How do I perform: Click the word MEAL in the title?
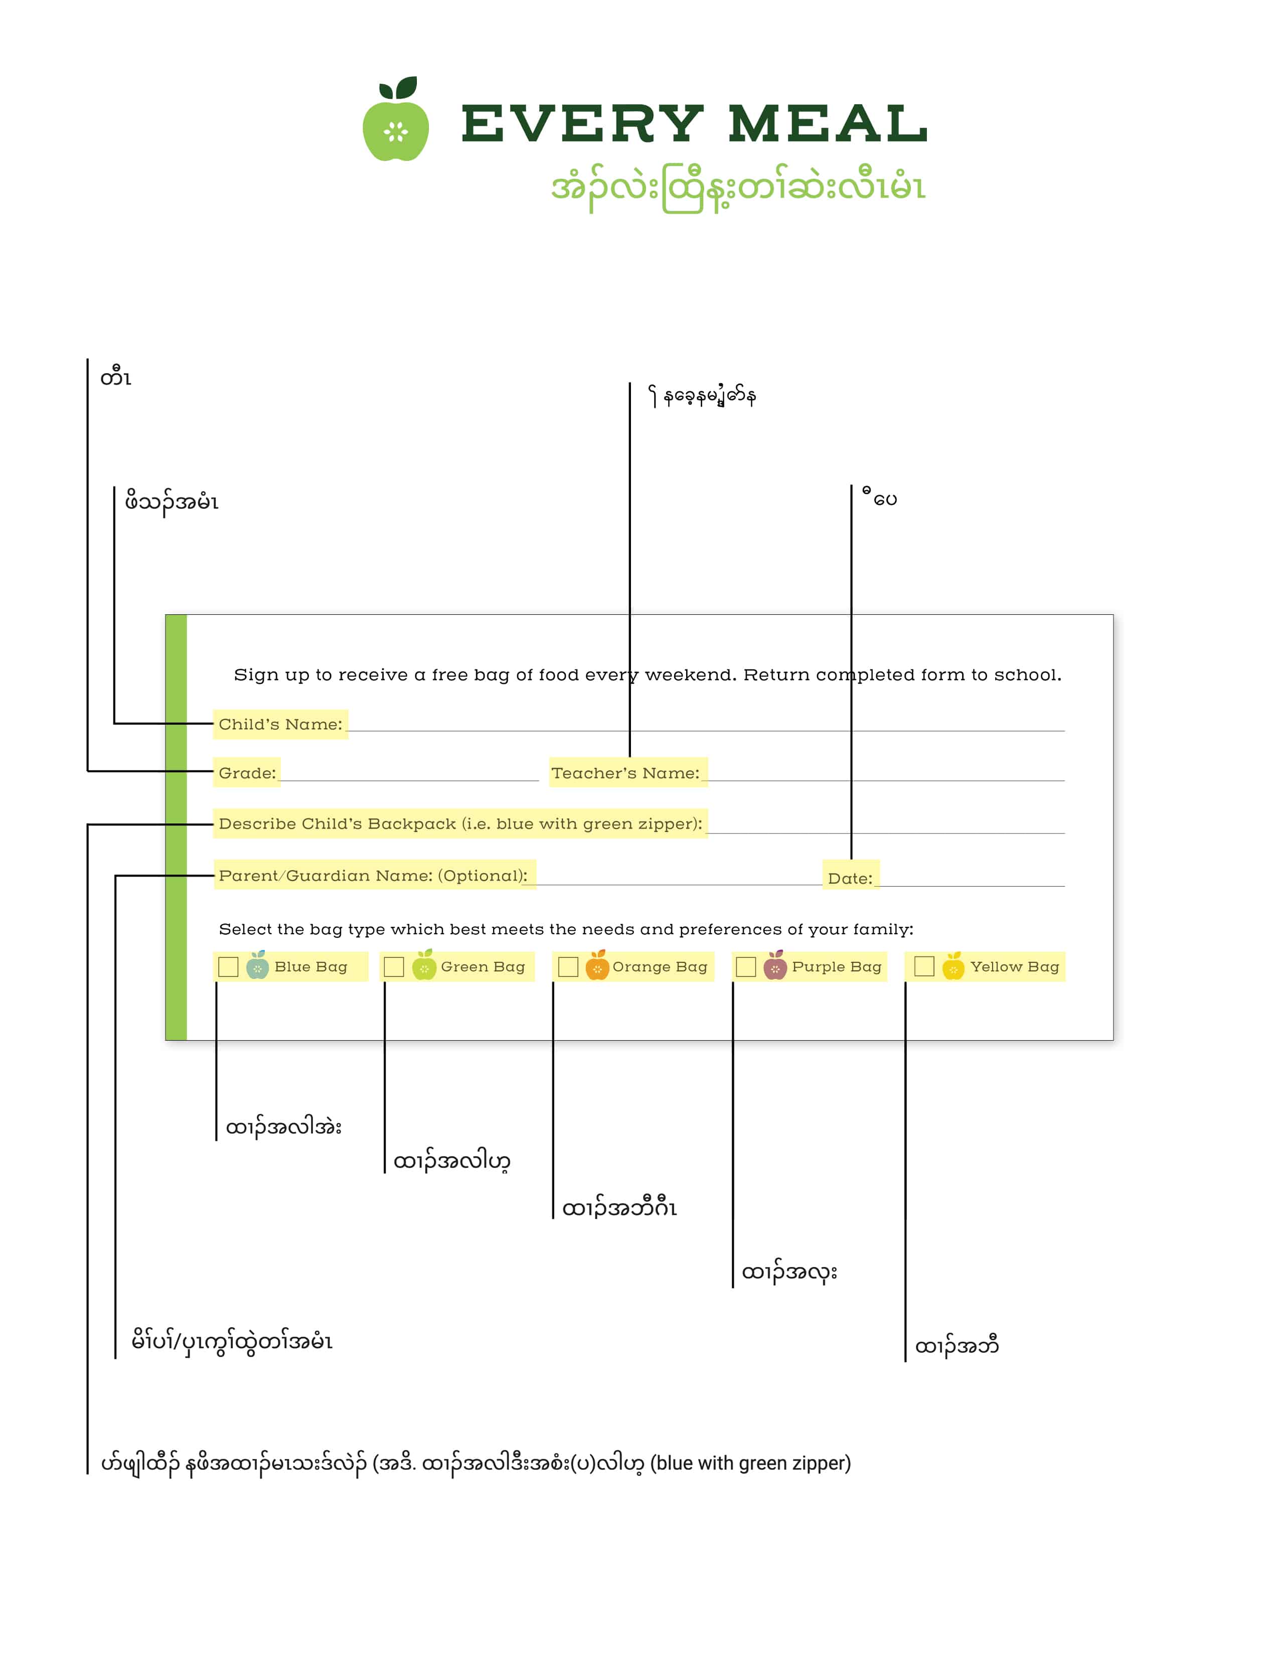point(828,123)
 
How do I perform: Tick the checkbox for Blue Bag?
point(228,967)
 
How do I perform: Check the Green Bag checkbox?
point(394,967)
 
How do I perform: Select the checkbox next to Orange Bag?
point(568,967)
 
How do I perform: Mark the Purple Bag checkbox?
point(746,967)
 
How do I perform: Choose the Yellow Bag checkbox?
point(924,967)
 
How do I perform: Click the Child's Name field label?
point(280,725)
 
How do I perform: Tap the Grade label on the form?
point(247,773)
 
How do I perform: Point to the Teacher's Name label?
point(626,773)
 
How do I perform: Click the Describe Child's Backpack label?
point(460,823)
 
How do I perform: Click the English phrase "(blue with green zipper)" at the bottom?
point(751,1463)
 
